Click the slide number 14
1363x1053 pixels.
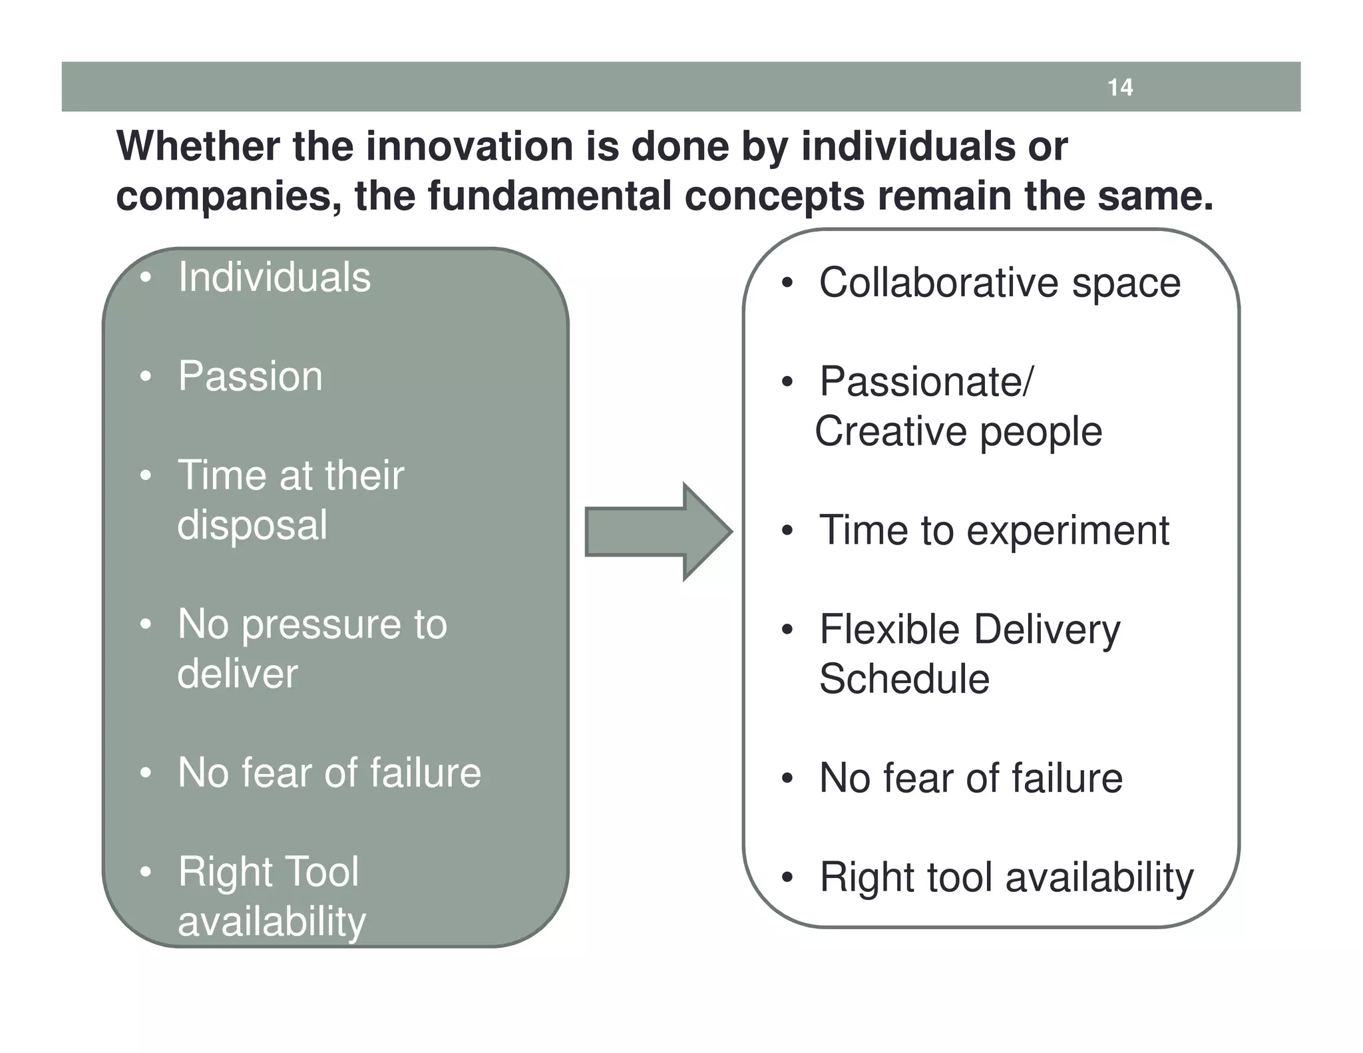coord(1120,87)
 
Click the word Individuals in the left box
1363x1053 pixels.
coord(274,277)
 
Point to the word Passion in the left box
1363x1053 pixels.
coord(250,376)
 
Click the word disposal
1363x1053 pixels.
coord(252,525)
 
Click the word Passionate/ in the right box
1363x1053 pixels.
coord(926,381)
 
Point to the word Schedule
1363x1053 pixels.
coord(904,679)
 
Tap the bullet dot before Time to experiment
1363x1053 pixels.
coord(787,532)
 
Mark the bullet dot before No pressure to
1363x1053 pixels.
coord(145,625)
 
